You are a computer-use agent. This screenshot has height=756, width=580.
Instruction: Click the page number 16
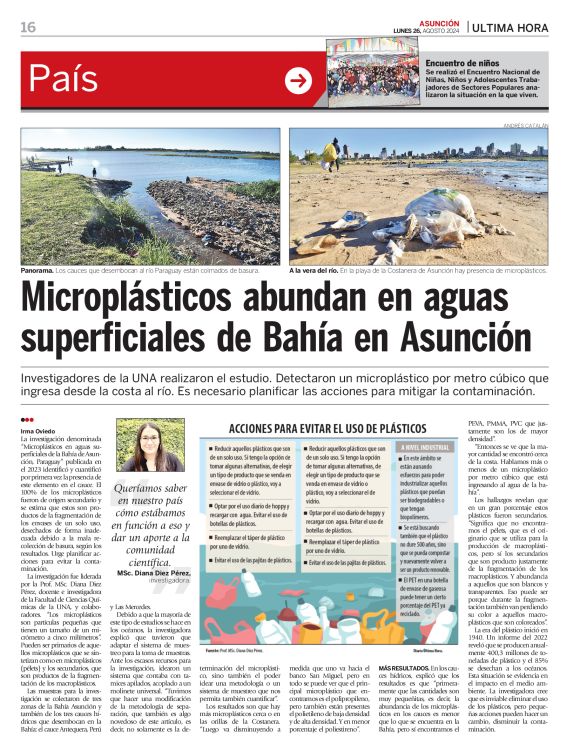27,27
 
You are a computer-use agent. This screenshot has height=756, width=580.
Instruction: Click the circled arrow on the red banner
298,81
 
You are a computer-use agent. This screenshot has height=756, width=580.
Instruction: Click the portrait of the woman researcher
149,446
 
